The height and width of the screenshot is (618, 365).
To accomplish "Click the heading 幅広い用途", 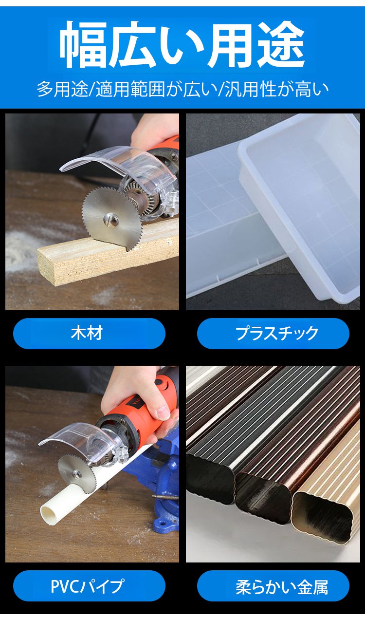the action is click(182, 44).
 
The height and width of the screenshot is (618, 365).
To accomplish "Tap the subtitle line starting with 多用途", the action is click(182, 89).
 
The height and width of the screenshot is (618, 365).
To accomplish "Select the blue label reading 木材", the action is click(89, 333).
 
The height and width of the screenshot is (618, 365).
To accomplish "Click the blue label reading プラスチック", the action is click(273, 333).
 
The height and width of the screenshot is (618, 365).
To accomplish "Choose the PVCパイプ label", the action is click(89, 586).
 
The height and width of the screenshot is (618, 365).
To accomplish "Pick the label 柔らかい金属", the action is click(273, 586).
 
